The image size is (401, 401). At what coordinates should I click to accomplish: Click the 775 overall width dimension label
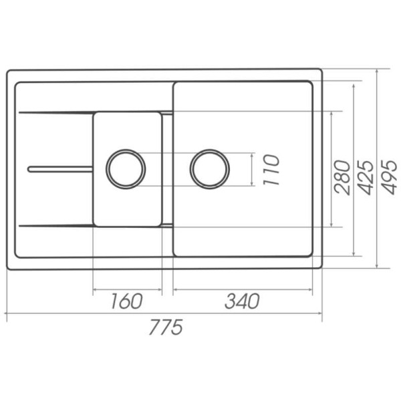(x=166, y=327)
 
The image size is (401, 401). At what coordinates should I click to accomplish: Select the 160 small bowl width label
(x=126, y=301)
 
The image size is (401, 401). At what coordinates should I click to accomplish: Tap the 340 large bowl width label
(x=242, y=301)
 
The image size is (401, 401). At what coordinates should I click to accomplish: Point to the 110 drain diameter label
(x=271, y=170)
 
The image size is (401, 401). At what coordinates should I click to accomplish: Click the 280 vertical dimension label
(x=342, y=177)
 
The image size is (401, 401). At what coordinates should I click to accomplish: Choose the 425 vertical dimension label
(x=366, y=177)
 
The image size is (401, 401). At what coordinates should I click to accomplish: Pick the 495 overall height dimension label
(x=390, y=177)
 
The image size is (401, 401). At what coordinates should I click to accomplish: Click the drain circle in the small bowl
(x=126, y=150)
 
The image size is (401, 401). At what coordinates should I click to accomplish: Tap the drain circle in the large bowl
(x=209, y=150)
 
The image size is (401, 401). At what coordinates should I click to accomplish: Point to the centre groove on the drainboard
(x=60, y=169)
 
